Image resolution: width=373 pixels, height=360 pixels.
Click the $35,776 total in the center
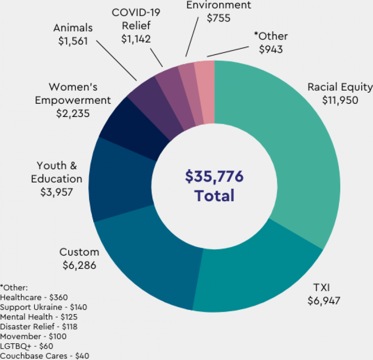(x=214, y=177)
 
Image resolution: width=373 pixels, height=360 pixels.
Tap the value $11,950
(x=340, y=99)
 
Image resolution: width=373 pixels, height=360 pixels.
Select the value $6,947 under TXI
(x=324, y=300)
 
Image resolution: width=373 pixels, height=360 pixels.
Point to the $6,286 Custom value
(x=79, y=264)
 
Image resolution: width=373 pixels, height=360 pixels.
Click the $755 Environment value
(x=219, y=19)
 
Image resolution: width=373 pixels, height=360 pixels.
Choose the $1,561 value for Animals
(x=73, y=41)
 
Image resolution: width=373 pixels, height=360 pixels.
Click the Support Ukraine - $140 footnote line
(x=44, y=307)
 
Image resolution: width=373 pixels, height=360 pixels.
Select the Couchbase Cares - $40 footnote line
(x=45, y=356)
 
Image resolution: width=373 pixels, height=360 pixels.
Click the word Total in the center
(x=214, y=196)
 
